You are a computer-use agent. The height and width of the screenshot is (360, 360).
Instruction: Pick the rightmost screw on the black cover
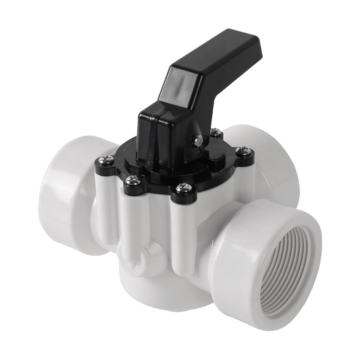click(x=243, y=151)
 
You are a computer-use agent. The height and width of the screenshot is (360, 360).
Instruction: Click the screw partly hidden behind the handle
click(x=215, y=133)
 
